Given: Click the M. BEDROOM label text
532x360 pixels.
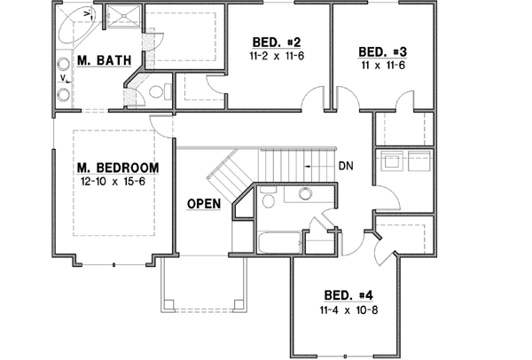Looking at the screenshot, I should [x=117, y=168].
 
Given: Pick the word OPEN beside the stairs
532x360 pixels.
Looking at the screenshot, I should [x=203, y=203].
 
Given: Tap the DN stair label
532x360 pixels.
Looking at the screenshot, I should [x=348, y=165].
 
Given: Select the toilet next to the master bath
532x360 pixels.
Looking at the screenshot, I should [x=158, y=90].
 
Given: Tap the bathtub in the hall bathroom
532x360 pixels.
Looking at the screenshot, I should [x=277, y=241].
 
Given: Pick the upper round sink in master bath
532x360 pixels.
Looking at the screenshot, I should [x=64, y=64].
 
